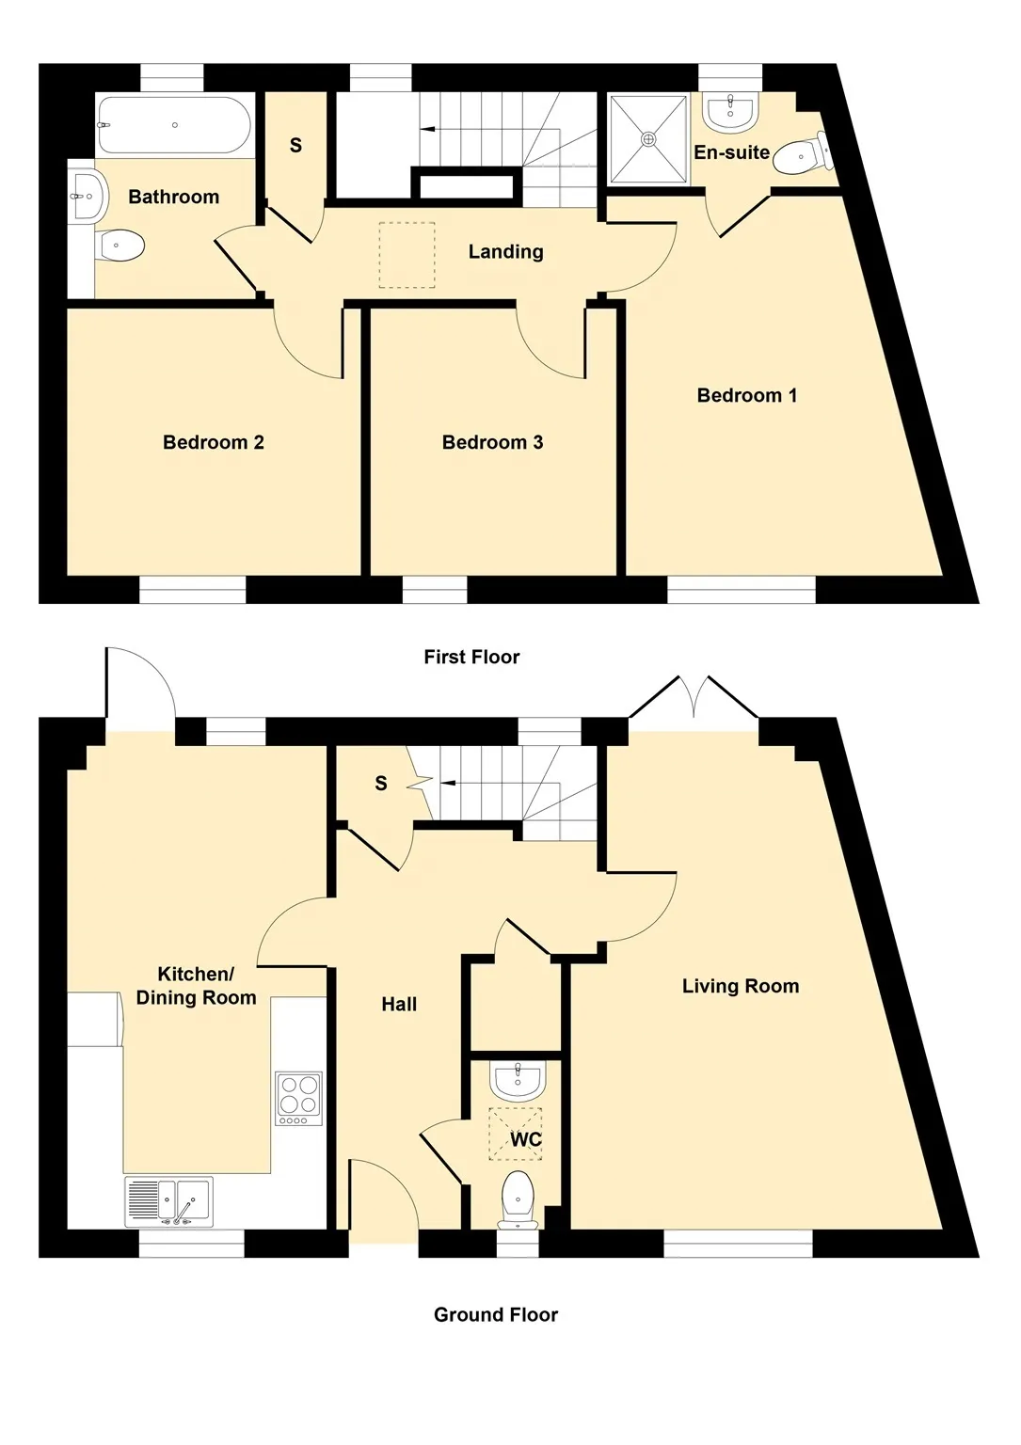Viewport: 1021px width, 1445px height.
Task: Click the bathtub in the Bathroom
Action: pos(173,124)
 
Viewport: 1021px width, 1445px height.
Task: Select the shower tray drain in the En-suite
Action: pos(647,137)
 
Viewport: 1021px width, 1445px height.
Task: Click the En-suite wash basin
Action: pos(730,112)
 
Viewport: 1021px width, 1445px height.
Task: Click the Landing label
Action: pos(505,251)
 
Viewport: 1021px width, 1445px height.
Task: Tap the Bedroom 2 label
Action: pos(214,442)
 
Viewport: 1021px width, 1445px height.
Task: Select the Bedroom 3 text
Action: pos(492,442)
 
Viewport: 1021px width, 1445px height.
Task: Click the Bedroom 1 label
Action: pos(747,395)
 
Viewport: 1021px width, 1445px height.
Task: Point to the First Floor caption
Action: pos(471,658)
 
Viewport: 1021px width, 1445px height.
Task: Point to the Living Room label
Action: pos(741,986)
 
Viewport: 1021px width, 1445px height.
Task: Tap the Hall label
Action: pos(399,1005)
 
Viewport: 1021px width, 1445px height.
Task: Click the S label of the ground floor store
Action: pos(381,784)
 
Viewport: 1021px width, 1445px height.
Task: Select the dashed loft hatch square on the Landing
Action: pos(407,255)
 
